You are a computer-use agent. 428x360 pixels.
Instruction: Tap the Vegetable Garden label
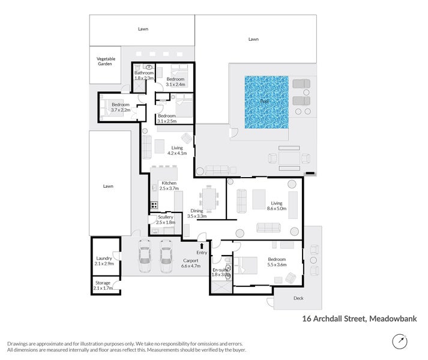[x=104, y=61]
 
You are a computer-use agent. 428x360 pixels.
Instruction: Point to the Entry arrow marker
[x=201, y=245]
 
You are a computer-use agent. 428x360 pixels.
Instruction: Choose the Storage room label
[x=103, y=283]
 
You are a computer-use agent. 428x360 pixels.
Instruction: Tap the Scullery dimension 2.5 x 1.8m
[x=165, y=223]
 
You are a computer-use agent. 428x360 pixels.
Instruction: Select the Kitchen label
[x=167, y=183]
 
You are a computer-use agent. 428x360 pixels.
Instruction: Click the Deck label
[x=298, y=298]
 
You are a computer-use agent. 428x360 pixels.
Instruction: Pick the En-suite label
[x=220, y=269]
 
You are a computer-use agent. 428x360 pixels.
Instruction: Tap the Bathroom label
[x=144, y=73]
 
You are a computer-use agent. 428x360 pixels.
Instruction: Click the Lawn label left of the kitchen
[x=107, y=186]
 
